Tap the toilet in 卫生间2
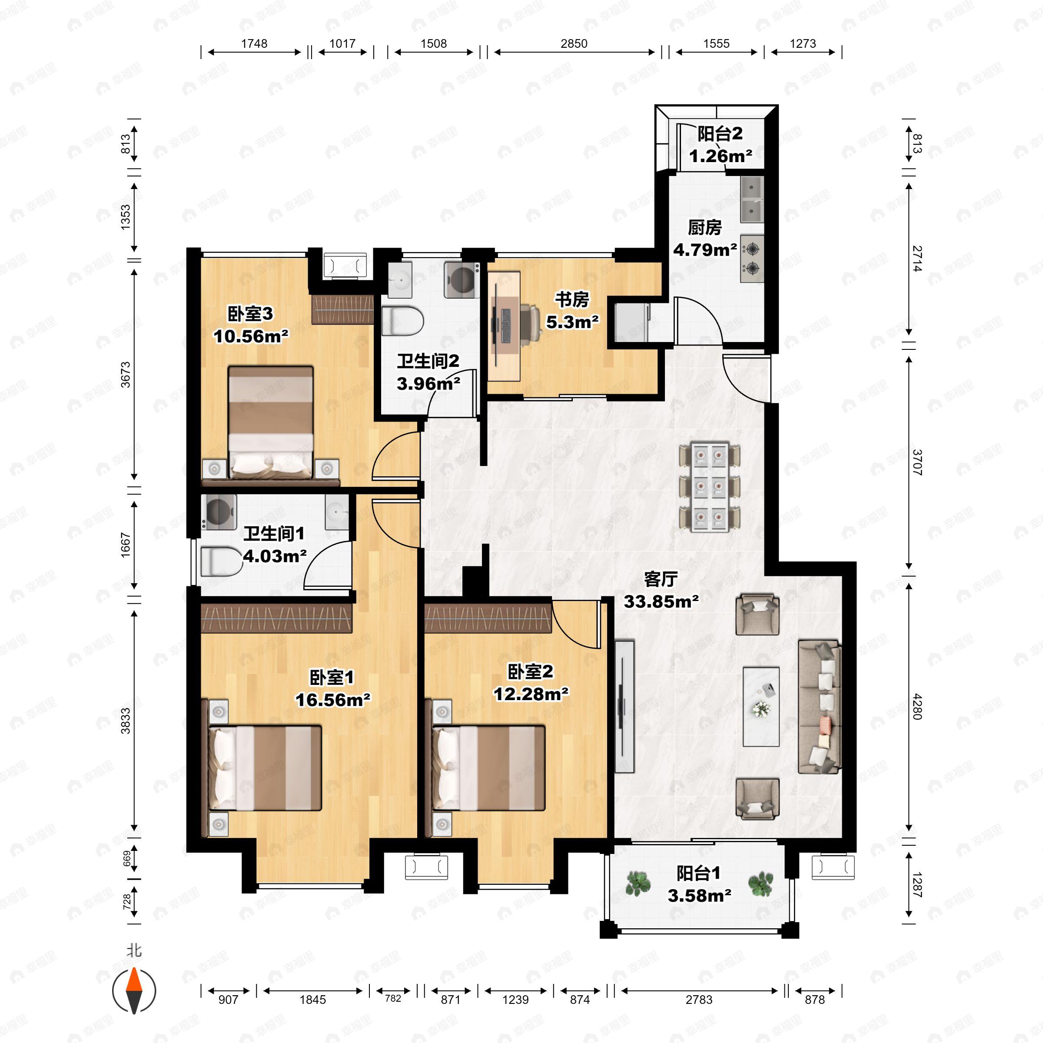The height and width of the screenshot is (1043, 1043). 402,321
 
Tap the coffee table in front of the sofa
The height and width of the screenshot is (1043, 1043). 761,707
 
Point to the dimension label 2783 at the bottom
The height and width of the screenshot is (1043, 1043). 699,1000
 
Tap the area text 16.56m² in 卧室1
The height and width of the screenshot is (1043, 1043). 333,700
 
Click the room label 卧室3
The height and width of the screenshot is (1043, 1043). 250,314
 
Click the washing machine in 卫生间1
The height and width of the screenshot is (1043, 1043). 219,512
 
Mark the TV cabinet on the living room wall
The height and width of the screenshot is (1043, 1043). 624,707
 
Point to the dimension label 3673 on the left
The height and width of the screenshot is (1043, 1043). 125,374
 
